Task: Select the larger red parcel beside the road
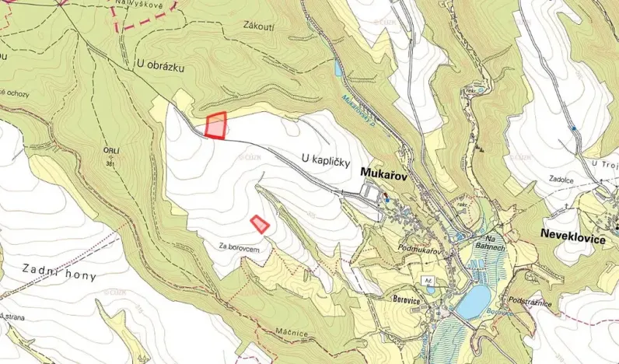(216, 125)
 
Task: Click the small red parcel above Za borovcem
(260, 224)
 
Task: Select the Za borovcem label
(238, 247)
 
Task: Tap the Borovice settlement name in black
(399, 297)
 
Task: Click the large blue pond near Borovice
(473, 302)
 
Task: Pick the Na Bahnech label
(491, 243)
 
